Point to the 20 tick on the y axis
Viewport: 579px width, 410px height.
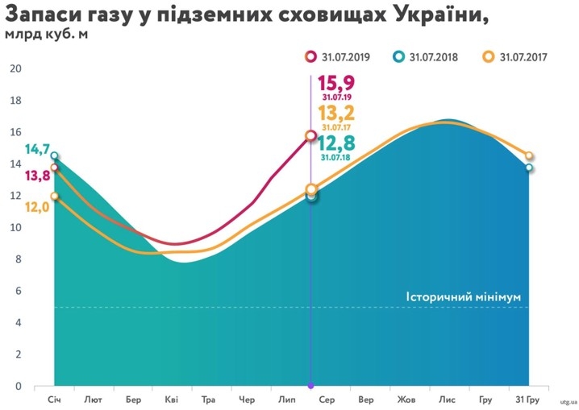[15, 68]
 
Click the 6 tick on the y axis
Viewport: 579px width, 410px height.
[16, 291]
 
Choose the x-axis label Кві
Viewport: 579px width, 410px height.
[171, 399]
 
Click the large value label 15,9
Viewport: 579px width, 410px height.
[336, 84]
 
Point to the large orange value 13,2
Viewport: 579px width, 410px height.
[336, 113]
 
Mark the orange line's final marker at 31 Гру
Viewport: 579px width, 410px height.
[529, 156]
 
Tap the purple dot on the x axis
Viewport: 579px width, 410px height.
[311, 387]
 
